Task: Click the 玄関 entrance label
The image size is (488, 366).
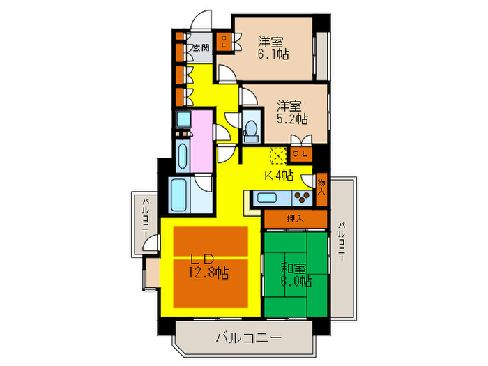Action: tap(201, 49)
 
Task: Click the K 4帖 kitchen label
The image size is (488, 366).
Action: tap(277, 175)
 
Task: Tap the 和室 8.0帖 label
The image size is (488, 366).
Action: tap(293, 274)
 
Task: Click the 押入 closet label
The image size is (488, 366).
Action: tap(296, 218)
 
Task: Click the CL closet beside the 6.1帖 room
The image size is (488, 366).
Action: tap(224, 43)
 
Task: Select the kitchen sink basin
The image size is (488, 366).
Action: tap(269, 198)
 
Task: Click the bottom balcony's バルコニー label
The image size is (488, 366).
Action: tap(247, 339)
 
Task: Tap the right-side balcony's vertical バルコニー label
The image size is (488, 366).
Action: tap(342, 241)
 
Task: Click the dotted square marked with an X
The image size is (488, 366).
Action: tap(277, 154)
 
